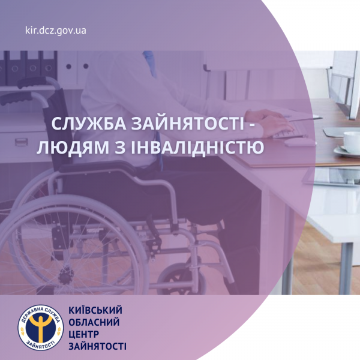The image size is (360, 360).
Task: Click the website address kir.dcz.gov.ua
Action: [x=56, y=31]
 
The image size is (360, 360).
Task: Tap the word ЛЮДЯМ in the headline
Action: [x=73, y=147]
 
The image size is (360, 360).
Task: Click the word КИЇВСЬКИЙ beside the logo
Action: [x=95, y=310]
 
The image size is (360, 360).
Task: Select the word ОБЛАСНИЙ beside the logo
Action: [x=94, y=322]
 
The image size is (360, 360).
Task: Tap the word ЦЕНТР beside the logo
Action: [x=83, y=334]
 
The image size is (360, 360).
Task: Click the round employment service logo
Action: [x=41, y=328]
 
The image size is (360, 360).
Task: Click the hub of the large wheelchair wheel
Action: [x=67, y=274]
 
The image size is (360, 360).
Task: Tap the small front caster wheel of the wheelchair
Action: [x=181, y=280]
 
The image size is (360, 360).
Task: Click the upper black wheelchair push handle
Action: [x=32, y=82]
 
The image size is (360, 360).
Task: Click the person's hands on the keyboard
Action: [x=270, y=122]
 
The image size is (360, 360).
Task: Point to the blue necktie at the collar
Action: [x=149, y=63]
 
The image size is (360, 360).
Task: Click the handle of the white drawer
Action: [x=22, y=142]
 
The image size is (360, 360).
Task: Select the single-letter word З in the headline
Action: [x=120, y=147]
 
